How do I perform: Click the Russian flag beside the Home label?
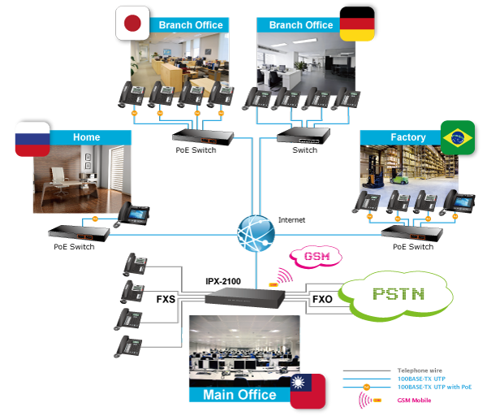32,139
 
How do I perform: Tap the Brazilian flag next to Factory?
457,137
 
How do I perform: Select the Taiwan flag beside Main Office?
308,391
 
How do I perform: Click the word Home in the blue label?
87,137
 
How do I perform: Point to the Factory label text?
407,137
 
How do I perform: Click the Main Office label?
239,395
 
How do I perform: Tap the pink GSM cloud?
316,257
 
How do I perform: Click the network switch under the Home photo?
78,232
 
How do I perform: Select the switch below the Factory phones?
412,233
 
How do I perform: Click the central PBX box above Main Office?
243,297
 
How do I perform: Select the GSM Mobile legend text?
415,401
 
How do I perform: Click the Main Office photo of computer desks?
243,349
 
